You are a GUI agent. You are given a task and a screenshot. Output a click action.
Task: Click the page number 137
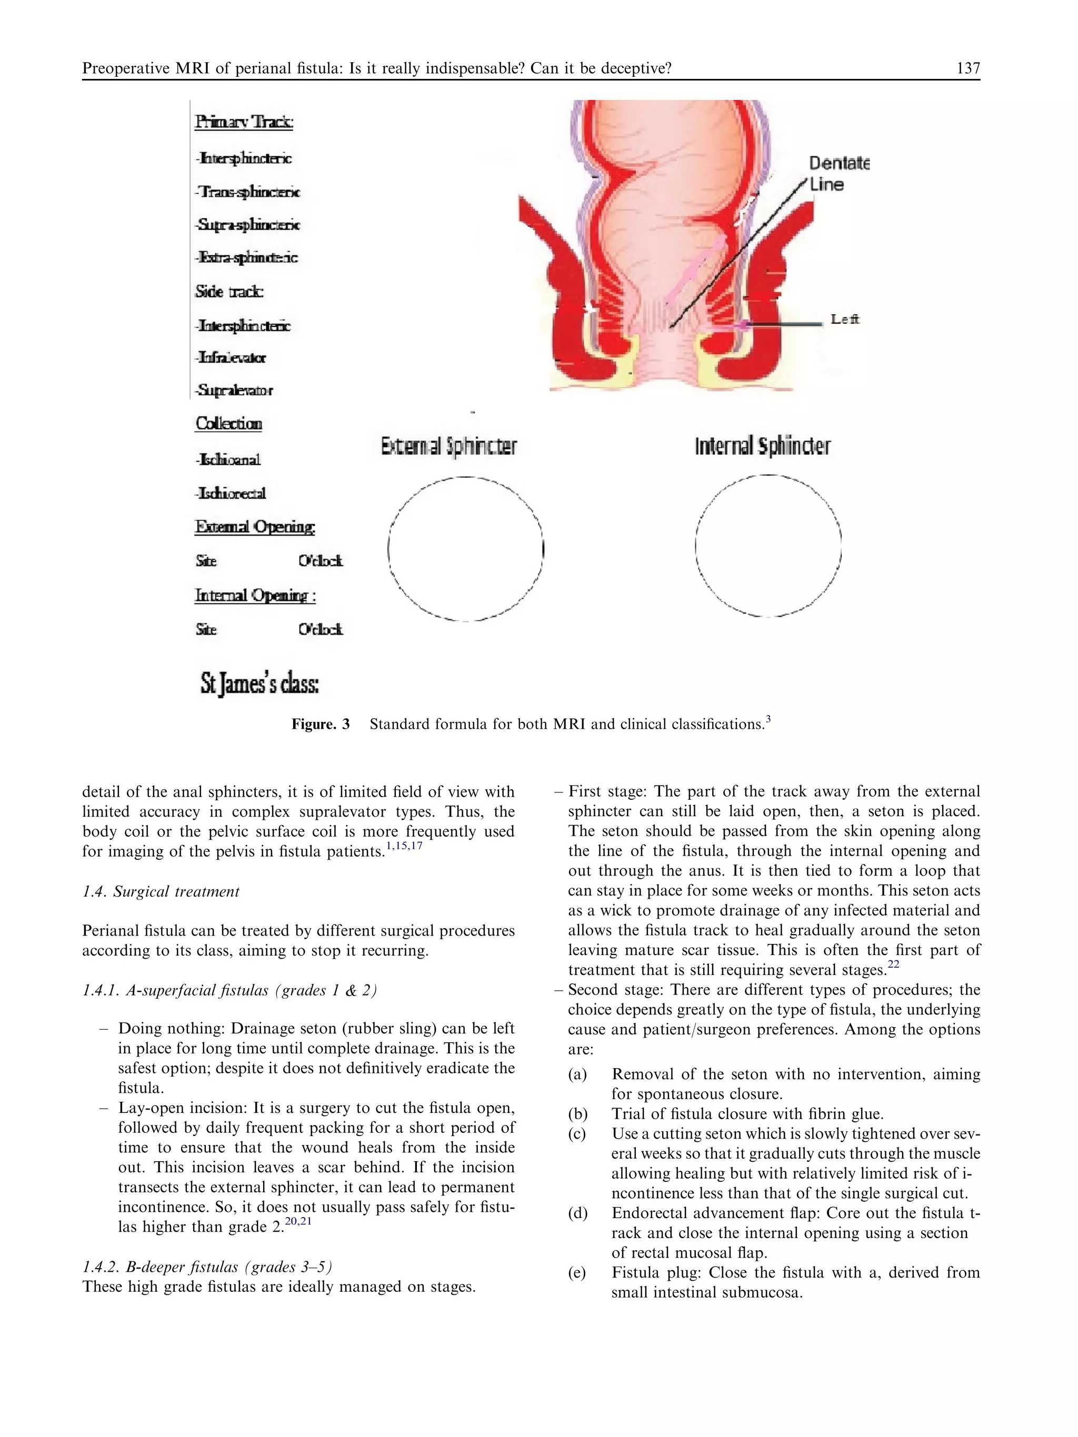pyautogui.click(x=967, y=68)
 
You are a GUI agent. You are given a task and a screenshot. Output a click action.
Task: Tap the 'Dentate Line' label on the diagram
pyautogui.click(x=838, y=174)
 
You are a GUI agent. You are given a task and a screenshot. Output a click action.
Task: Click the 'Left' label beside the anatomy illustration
pyautogui.click(x=845, y=319)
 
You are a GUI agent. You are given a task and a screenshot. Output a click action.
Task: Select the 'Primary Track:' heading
pyautogui.click(x=244, y=122)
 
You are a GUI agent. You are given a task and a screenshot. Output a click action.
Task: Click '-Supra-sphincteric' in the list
pyautogui.click(x=247, y=225)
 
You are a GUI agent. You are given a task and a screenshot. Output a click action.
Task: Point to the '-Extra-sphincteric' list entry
pyautogui.click(x=246, y=258)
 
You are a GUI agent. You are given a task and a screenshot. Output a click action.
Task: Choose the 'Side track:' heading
pyautogui.click(x=229, y=292)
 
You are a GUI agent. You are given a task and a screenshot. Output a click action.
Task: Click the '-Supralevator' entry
pyautogui.click(x=234, y=390)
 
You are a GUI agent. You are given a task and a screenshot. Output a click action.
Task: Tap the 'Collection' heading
pyautogui.click(x=229, y=424)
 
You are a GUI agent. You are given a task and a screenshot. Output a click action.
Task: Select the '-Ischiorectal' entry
pyautogui.click(x=231, y=494)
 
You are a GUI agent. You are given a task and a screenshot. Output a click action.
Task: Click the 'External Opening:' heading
pyautogui.click(x=255, y=527)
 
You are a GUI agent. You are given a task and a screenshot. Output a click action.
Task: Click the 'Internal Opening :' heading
pyautogui.click(x=255, y=596)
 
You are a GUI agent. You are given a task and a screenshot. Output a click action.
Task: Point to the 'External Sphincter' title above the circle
pyautogui.click(x=448, y=446)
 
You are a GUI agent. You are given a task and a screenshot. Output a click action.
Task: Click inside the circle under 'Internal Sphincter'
pyautogui.click(x=768, y=546)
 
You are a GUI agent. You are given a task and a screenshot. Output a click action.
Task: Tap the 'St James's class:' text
pyautogui.click(x=259, y=685)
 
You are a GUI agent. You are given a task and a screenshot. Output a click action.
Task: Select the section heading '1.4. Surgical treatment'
pyautogui.click(x=161, y=892)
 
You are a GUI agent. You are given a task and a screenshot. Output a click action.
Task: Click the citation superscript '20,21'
pyautogui.click(x=299, y=1221)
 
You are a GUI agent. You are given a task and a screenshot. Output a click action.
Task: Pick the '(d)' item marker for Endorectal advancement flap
pyautogui.click(x=577, y=1213)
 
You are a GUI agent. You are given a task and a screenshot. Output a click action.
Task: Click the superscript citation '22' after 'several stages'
pyautogui.click(x=893, y=964)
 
